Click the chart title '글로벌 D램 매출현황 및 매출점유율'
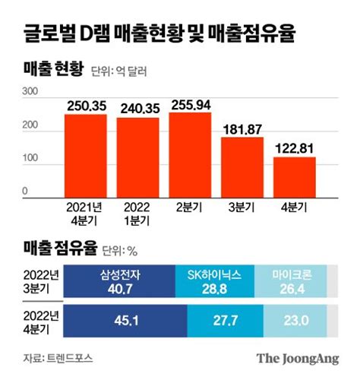tap(160, 34)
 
